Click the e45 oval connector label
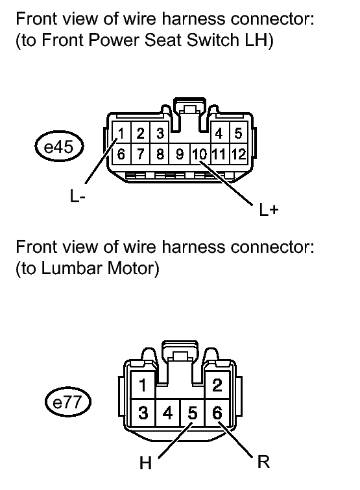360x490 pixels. tap(59, 146)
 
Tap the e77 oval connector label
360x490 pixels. tap(67, 402)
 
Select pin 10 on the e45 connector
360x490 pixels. tap(200, 154)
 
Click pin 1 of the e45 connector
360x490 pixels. tap(121, 134)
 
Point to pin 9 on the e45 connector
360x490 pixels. tap(180, 154)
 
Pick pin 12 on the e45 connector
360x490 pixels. tap(239, 154)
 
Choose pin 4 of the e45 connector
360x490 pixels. tap(219, 134)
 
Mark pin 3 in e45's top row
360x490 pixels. tap(160, 134)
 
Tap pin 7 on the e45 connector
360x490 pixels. tap(141, 154)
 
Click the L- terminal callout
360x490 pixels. tap(78, 196)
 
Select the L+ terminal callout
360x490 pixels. tap(269, 209)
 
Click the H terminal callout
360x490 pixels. tap(145, 463)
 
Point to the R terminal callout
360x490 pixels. tap(263, 461)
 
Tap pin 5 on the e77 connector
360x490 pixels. tap(193, 413)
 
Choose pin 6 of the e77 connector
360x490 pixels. tap(217, 413)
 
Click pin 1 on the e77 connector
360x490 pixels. tap(143, 385)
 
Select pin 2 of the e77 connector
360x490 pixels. tap(217, 385)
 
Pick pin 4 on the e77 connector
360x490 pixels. tap(167, 413)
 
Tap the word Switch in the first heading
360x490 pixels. tap(213, 40)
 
